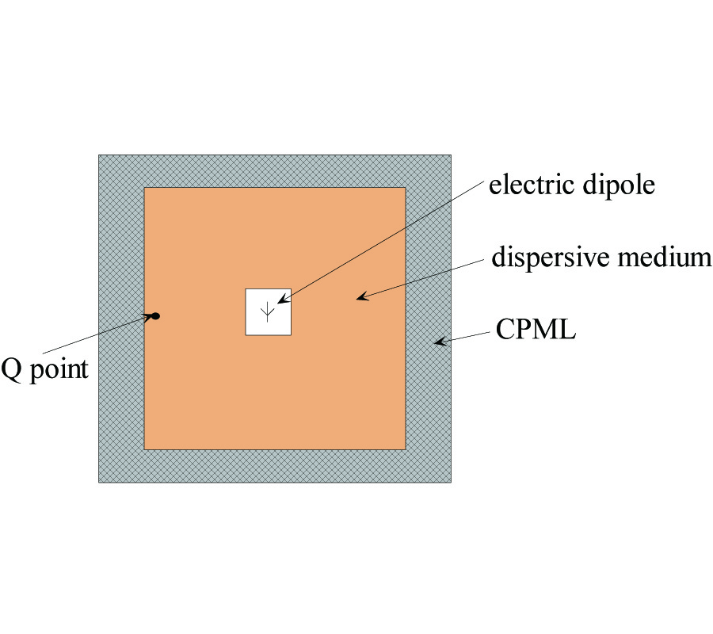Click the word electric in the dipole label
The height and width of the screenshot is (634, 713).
click(x=525, y=185)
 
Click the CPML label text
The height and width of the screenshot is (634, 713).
click(x=536, y=329)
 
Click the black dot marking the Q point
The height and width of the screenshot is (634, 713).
click(x=156, y=316)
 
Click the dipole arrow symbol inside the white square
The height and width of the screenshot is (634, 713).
click(x=269, y=312)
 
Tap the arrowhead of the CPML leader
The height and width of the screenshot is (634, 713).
click(x=437, y=342)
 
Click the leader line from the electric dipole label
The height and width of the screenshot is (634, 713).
click(x=380, y=242)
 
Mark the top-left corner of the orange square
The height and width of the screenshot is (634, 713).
click(x=144, y=188)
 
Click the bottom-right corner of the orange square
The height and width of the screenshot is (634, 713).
click(x=406, y=449)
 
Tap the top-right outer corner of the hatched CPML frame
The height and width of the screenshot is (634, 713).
click(x=452, y=155)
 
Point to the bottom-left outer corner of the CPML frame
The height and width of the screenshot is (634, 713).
click(x=98, y=482)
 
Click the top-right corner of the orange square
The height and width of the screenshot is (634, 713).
click(x=406, y=188)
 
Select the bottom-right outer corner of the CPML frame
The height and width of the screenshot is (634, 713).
click(x=452, y=482)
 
